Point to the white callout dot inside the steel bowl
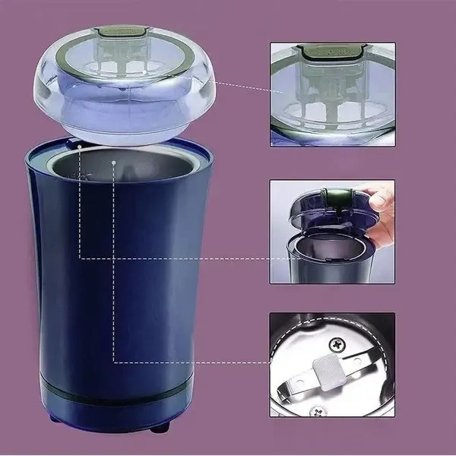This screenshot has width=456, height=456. point(112,162)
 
